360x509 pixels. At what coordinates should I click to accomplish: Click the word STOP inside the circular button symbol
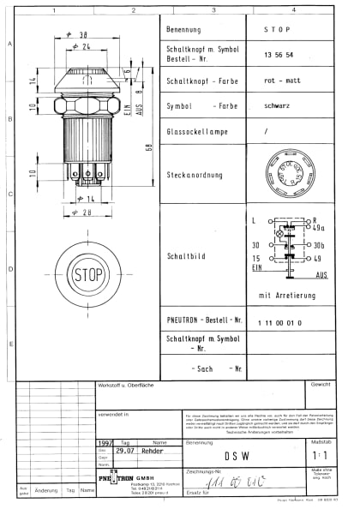pos(88,275)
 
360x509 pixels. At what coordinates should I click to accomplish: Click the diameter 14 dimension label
pos(87,199)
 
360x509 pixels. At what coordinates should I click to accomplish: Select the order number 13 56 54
pos(279,54)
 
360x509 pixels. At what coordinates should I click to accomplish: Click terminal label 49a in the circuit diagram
pos(320,229)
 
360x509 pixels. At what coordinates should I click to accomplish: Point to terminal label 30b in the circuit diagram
pos(320,245)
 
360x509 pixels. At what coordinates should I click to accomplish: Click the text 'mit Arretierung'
pos(283,295)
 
